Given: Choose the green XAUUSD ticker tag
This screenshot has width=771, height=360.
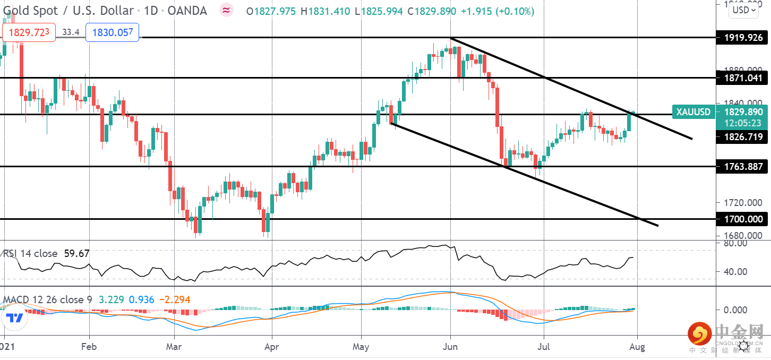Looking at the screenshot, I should click(x=692, y=112).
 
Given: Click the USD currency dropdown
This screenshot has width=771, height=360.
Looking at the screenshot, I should click(x=743, y=10).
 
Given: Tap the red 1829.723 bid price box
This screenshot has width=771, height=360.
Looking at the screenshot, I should click(x=29, y=32).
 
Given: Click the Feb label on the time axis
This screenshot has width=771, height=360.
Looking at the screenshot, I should click(x=89, y=347).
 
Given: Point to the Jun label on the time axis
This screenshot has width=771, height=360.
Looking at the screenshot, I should click(x=450, y=347).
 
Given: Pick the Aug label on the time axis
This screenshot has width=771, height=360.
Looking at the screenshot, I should click(x=637, y=347).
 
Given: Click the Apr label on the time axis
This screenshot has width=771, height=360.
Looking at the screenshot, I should click(x=271, y=347).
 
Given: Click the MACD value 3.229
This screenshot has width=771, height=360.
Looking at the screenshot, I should click(x=111, y=300).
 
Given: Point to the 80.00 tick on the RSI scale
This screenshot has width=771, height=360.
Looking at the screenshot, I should click(x=735, y=243).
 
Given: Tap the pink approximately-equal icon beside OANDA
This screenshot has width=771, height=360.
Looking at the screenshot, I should click(x=227, y=10).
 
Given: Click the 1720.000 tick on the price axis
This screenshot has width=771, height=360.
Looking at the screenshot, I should click(x=735, y=203).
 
